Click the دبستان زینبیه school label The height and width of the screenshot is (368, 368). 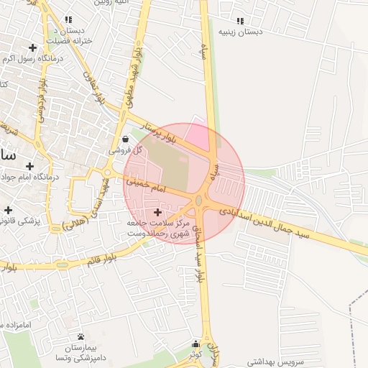pos(241,32)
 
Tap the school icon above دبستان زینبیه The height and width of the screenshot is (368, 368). pos(241,21)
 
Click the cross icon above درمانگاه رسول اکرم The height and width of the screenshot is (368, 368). pos(33,47)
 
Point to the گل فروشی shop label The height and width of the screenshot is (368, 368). pos(126,150)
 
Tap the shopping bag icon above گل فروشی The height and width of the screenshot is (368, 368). pos(126,139)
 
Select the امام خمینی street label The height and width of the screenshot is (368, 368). pos(147,186)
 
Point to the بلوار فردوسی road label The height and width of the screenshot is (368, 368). pos(41,101)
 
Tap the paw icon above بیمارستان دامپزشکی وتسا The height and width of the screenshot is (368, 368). pos(80,336)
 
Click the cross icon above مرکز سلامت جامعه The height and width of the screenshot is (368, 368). pos(157,213)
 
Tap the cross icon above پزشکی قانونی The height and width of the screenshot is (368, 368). pos(8,211)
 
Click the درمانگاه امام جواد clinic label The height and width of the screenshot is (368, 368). pos(27,177)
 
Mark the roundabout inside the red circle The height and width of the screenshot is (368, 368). pos(199,200)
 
